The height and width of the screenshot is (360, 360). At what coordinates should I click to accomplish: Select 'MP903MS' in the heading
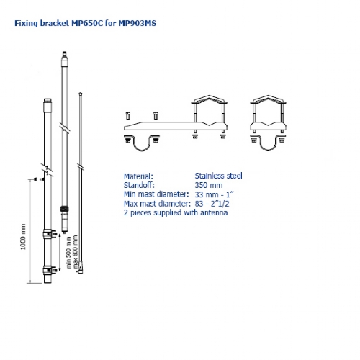[137, 23]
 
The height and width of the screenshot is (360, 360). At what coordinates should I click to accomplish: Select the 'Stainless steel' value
[218, 176]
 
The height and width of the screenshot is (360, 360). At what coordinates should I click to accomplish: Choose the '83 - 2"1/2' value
[213, 204]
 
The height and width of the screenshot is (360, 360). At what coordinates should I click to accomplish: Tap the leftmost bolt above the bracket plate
[128, 115]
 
